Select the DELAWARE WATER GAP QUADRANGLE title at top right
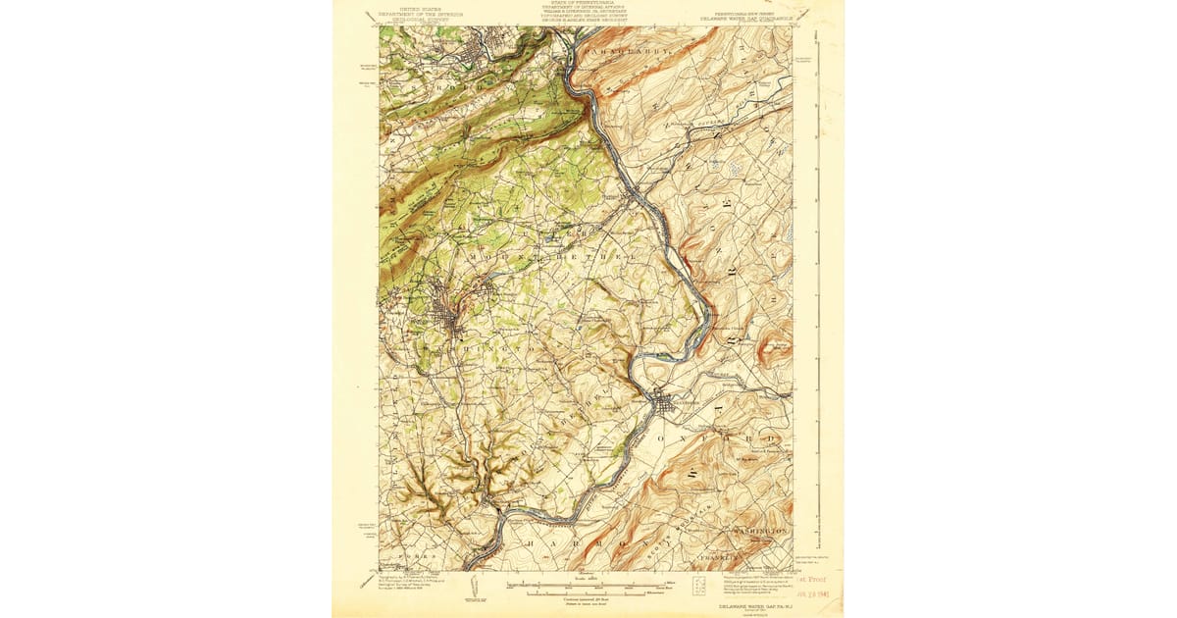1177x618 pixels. (x=746, y=17)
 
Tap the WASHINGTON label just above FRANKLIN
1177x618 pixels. (x=759, y=531)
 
